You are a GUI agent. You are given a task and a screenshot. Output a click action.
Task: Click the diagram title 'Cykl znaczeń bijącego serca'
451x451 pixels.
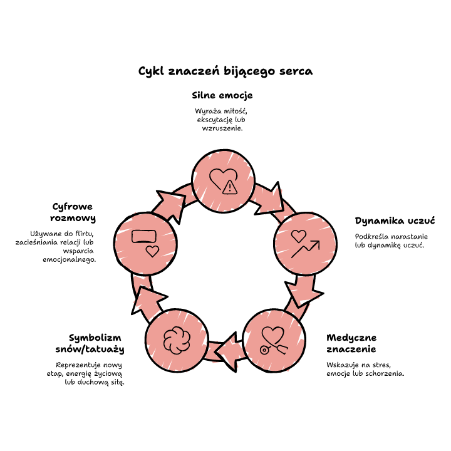tap(225, 71)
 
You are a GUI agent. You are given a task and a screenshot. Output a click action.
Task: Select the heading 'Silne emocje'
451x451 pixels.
tap(222, 95)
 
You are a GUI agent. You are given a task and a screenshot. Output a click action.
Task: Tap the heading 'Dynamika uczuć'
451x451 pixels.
tap(395, 221)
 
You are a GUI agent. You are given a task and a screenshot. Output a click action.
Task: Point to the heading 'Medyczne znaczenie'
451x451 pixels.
tap(351, 343)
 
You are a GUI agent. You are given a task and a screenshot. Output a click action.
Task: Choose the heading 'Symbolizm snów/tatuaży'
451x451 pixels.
tap(90, 343)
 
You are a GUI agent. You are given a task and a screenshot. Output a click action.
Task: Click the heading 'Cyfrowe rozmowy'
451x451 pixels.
tap(73, 212)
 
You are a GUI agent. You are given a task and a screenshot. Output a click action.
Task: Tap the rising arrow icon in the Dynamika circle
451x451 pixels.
tap(306, 249)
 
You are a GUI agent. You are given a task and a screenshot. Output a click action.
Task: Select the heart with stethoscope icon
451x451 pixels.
tap(273, 340)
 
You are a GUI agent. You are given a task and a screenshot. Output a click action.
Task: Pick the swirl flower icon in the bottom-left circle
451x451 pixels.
tap(177, 340)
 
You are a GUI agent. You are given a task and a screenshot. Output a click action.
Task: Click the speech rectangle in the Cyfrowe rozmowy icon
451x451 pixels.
tap(144, 236)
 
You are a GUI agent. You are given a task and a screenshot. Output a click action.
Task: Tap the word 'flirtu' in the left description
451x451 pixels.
tap(84, 234)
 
